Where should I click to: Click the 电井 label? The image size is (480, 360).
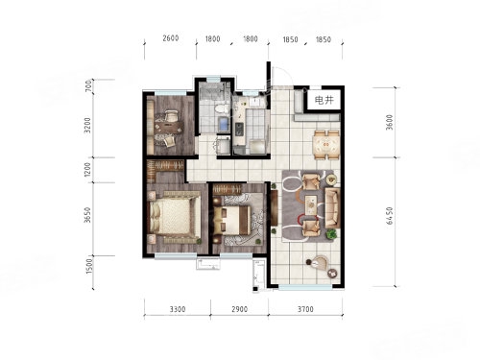point(324,100)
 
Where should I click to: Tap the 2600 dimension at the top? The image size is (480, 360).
point(170,38)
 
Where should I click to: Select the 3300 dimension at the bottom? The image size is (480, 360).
point(178,309)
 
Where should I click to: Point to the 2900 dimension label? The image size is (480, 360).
point(239,309)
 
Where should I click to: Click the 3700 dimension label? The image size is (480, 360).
point(305,309)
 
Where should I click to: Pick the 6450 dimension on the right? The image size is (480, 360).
point(390,216)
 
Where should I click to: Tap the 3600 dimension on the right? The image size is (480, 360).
point(390,122)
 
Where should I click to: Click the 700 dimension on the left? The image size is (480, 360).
point(88,86)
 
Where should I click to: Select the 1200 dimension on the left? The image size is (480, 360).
point(87,170)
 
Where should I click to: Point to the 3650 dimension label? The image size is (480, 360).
point(87,215)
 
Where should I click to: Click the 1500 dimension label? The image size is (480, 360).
point(89,266)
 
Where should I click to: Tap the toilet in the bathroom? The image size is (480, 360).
point(220,108)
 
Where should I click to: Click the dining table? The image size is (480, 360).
point(326,145)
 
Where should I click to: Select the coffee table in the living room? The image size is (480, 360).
point(311,204)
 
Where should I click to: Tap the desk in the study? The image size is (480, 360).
point(169,128)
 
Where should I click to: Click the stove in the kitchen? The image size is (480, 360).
point(239,130)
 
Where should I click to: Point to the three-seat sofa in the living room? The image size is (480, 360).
point(332,208)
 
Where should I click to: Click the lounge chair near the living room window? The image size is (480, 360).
point(319,263)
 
